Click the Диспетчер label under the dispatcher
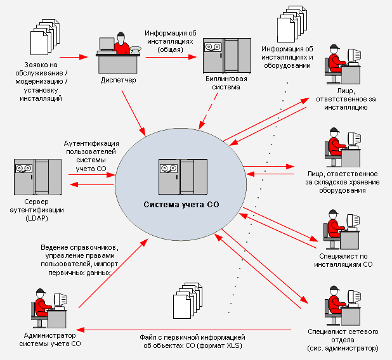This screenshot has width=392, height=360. click(118, 80)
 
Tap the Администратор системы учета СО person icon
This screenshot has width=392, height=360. click(48, 307)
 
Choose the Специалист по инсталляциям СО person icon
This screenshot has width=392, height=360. click(341, 228)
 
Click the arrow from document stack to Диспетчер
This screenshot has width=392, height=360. click(73, 57)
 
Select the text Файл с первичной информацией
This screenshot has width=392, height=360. click(192, 337)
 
